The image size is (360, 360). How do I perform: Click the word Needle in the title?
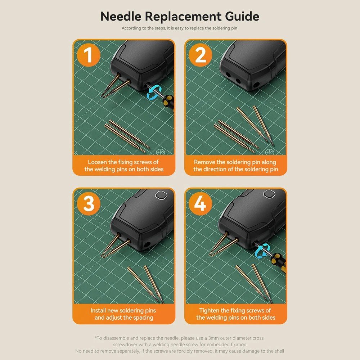(x=121, y=16)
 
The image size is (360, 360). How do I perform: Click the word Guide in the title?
(x=242, y=16)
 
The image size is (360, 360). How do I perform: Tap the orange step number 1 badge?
(x=89, y=55)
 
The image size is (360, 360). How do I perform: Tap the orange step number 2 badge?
(x=201, y=55)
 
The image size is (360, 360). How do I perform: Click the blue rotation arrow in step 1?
(x=154, y=92)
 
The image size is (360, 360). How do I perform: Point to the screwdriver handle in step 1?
(x=168, y=103)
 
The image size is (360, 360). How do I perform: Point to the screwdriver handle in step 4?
(x=278, y=260)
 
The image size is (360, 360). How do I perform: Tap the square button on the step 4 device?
(x=269, y=194)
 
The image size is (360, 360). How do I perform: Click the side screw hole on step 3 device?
(x=147, y=244)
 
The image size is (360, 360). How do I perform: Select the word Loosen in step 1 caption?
(x=98, y=162)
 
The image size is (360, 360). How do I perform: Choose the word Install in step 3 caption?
(x=98, y=310)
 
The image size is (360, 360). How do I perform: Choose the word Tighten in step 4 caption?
(x=209, y=310)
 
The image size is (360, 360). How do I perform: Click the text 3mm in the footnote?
(x=213, y=338)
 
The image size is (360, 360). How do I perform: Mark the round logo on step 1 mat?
(x=160, y=152)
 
